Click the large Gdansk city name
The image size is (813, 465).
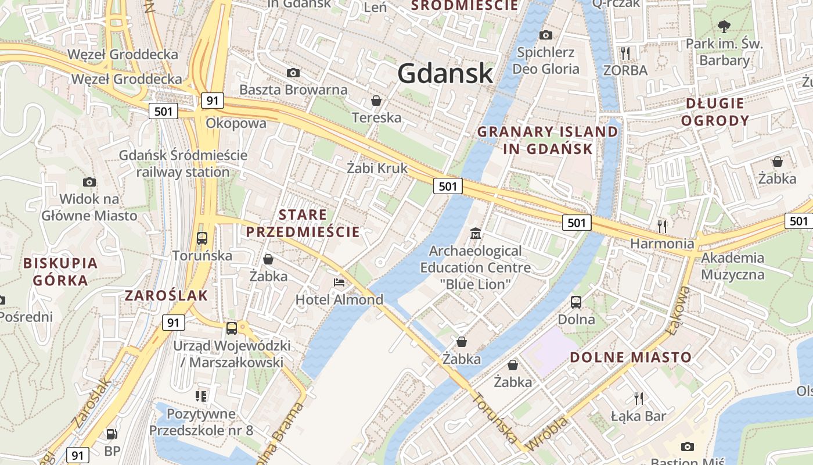click(x=445, y=73)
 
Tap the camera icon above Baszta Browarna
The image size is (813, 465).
click(x=293, y=73)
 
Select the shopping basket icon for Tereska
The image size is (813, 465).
click(x=376, y=101)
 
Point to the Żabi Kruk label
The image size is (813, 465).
click(x=377, y=169)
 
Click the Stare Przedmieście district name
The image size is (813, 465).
click(x=303, y=223)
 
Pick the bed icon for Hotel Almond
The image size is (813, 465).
click(x=339, y=282)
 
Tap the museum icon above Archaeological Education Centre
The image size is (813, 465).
click(x=475, y=234)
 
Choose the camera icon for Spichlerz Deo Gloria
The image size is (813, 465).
click(x=545, y=35)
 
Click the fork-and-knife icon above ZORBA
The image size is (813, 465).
click(x=625, y=53)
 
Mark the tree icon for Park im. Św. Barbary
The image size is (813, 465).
click(x=724, y=26)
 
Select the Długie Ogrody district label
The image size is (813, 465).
click(x=715, y=112)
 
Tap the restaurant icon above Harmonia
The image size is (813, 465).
click(x=662, y=226)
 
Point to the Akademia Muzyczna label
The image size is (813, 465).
click(x=732, y=266)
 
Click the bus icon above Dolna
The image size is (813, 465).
click(x=576, y=302)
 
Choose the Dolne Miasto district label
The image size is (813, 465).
click(x=631, y=357)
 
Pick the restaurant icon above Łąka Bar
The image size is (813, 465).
click(x=639, y=398)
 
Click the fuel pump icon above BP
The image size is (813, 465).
click(x=111, y=434)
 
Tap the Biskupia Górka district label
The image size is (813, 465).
click(x=60, y=271)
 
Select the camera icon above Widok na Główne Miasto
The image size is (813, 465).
click(x=89, y=182)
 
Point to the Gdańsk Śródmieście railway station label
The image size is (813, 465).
click(x=183, y=163)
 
